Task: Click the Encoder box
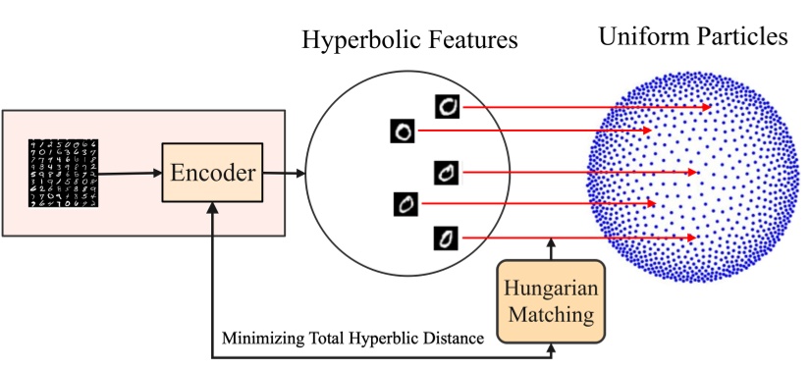pyautogui.click(x=211, y=175)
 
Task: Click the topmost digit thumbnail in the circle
pyautogui.click(x=447, y=106)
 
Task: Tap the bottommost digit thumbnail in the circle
pyautogui.click(x=447, y=238)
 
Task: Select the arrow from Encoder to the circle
pyautogui.click(x=282, y=175)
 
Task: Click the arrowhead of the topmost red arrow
pyautogui.click(x=707, y=107)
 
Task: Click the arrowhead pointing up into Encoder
pyautogui.click(x=212, y=210)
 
